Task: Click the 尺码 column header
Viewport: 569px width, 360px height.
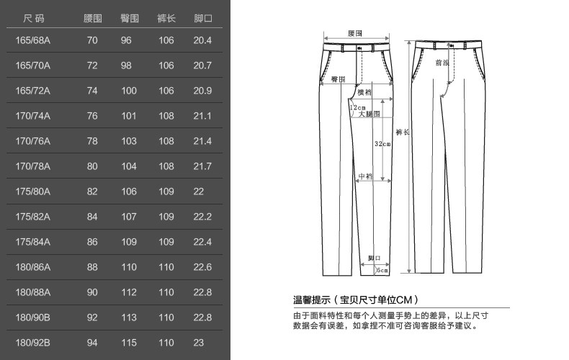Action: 33,17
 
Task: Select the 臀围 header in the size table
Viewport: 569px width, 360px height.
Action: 130,17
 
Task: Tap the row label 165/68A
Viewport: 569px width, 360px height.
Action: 33,40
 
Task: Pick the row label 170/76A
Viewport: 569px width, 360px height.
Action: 33,141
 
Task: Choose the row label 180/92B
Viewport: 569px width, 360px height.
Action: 33,343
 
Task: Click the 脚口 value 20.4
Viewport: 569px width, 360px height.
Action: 202,40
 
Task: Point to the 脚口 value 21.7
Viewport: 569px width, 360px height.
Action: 202,166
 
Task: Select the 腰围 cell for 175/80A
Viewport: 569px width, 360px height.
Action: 92,192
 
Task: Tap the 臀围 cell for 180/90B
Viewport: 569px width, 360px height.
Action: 129,318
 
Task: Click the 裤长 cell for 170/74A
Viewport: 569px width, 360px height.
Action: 166,116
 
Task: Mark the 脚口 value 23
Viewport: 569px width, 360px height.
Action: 199,343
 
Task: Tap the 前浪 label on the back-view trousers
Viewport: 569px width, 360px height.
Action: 442,63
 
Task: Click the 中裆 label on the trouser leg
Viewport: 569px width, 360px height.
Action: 364,176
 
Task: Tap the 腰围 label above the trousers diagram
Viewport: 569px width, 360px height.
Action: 354,33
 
